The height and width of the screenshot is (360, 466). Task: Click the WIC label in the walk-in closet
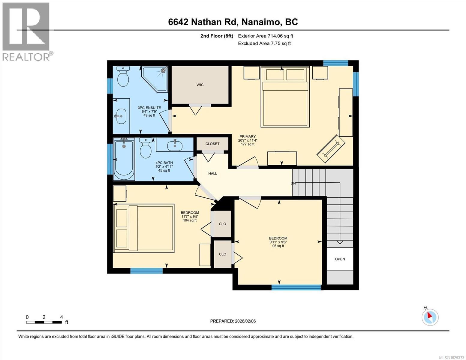tap(200, 85)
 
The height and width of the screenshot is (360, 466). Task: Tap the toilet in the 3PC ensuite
tap(123, 76)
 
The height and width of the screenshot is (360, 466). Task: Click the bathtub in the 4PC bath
tap(123, 159)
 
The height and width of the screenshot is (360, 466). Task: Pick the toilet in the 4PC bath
tap(146, 148)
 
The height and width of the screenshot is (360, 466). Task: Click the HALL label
tap(213, 173)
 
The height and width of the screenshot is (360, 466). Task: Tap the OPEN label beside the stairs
tap(340, 259)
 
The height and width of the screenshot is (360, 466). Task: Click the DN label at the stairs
tap(293, 183)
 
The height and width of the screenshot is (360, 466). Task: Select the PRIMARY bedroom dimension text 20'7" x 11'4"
tap(248, 140)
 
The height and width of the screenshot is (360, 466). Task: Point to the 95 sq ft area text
tap(278, 246)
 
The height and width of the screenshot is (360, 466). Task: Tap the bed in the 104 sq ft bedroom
tap(144, 228)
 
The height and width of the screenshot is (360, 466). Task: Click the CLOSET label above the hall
tap(212, 144)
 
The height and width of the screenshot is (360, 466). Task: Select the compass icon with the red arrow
tap(430, 317)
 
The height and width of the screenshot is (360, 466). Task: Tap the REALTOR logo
tap(26, 31)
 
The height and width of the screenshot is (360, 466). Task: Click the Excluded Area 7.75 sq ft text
tap(264, 43)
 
